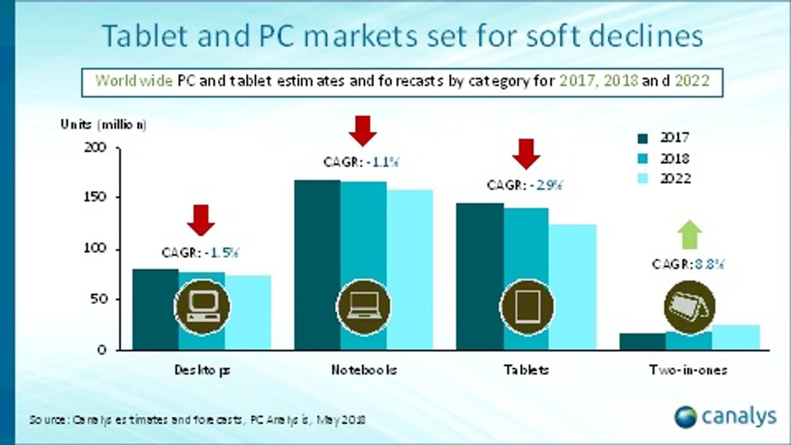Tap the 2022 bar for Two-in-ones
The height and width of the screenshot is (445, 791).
click(736, 337)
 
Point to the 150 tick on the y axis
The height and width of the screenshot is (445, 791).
click(96, 197)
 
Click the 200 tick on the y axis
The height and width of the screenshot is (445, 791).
click(96, 147)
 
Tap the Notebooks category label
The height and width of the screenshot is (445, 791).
click(364, 370)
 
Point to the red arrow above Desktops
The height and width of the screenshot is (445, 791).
click(200, 220)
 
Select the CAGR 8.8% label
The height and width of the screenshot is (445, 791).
click(688, 265)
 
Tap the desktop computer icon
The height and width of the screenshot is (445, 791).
click(202, 306)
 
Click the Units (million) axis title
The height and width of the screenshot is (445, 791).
click(103, 124)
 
